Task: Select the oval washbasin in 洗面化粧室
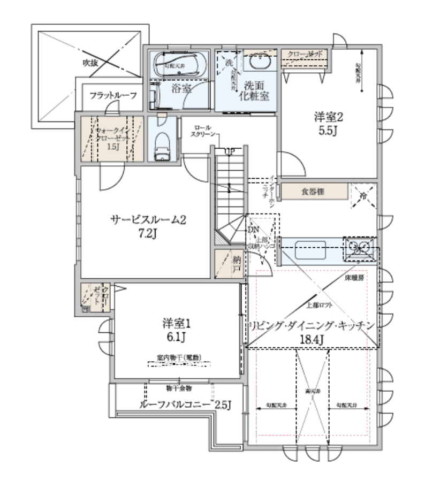[x=261, y=62]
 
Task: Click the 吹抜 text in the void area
[x=90, y=63]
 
